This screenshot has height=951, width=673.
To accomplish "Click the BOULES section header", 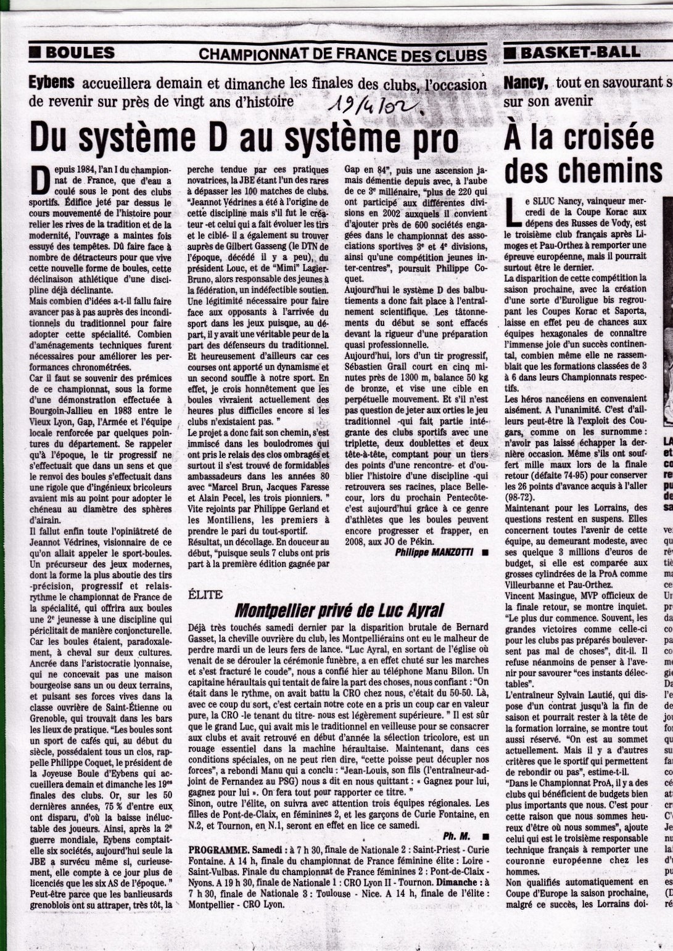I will [80, 53].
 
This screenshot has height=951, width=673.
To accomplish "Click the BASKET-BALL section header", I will [580, 52].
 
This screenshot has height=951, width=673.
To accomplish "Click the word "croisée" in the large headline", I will [613, 137].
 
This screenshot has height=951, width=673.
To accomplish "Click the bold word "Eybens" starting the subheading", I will [51, 83].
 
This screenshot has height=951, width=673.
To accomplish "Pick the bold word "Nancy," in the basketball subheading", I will [526, 83].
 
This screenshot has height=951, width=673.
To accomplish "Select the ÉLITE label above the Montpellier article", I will [205, 595].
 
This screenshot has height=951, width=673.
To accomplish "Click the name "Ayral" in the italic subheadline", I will [425, 611].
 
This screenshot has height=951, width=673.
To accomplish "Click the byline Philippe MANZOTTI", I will [434, 552].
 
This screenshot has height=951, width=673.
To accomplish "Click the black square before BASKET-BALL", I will [510, 53].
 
